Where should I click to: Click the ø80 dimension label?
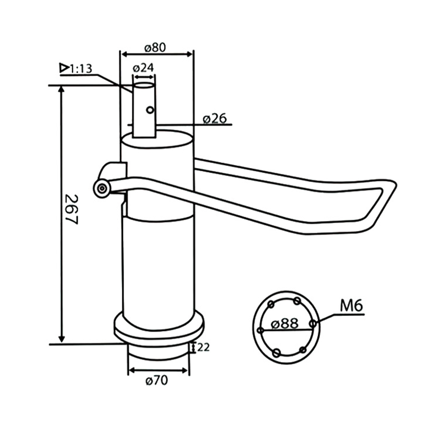[155, 48]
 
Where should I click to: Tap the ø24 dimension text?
[143, 68]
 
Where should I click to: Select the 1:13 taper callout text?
[81, 69]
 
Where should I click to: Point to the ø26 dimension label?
[215, 118]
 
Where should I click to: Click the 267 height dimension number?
[72, 209]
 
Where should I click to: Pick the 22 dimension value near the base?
[204, 347]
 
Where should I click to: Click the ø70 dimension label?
[156, 381]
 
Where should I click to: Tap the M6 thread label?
[351, 306]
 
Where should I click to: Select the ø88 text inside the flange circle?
[285, 323]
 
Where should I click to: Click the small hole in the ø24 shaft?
[150, 110]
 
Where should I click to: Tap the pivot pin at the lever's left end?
[102, 188]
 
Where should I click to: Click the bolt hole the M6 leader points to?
[313, 323]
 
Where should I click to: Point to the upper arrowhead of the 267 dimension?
[61, 89]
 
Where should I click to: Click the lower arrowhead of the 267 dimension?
[61, 339]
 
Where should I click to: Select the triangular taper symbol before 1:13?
[64, 68]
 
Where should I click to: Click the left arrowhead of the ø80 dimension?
[125, 55]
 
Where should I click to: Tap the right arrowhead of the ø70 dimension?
[185, 370]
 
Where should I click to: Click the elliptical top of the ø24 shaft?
[144, 85]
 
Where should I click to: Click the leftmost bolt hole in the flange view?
[261, 330]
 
